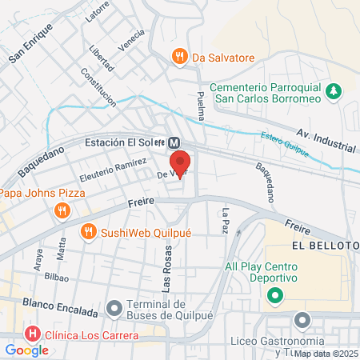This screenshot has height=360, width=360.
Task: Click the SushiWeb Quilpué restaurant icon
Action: click(89, 232)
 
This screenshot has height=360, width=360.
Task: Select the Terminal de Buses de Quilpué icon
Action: click(114, 307)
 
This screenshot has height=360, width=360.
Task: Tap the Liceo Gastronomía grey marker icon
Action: click(302, 321)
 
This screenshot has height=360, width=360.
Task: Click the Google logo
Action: click(26, 350)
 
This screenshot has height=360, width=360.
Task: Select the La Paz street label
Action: click(226, 220)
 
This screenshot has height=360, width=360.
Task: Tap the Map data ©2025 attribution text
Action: click(326, 353)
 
